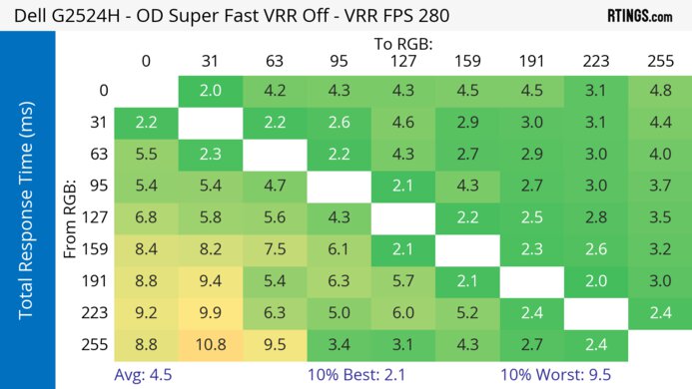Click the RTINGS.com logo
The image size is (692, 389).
tap(639, 16)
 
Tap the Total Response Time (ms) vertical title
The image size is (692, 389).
tap(28, 217)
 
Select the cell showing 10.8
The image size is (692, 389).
tap(210, 345)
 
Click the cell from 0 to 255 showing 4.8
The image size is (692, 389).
tap(659, 91)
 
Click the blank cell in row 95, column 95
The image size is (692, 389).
tap(340, 187)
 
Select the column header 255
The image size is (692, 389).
tap(659, 62)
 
